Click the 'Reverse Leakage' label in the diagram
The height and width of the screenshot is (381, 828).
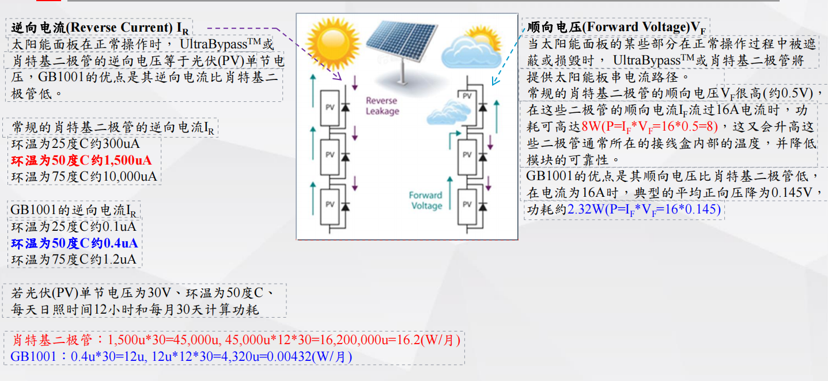382,106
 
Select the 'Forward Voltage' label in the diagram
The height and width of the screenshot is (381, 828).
426,200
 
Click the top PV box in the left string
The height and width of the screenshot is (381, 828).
330,107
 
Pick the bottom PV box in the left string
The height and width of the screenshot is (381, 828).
330,204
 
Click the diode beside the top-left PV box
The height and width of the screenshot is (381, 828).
346,107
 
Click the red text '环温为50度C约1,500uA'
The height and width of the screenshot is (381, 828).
81,160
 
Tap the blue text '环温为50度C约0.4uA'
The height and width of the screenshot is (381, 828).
74,243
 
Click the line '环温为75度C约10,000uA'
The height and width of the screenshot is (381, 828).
84,176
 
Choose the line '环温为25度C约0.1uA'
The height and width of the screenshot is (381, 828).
74,227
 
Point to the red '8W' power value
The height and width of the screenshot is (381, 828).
590,127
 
